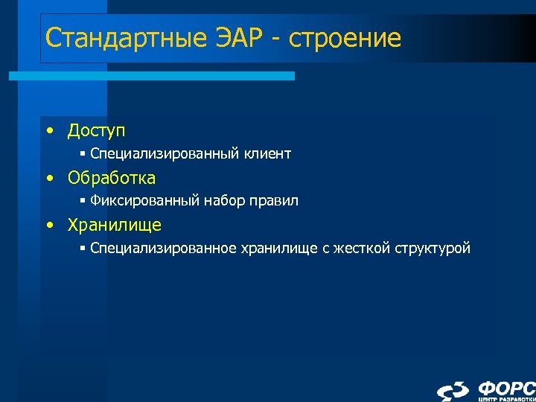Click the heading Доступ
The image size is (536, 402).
(x=96, y=131)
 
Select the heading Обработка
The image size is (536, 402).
(x=111, y=178)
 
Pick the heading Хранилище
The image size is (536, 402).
(x=114, y=225)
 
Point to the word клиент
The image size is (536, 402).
(x=267, y=154)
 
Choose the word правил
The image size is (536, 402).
(x=275, y=200)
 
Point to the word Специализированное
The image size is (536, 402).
(x=163, y=248)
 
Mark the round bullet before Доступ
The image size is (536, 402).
(x=49, y=132)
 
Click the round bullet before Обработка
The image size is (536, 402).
(x=49, y=179)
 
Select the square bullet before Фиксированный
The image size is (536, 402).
(x=83, y=201)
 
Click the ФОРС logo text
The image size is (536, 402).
(x=506, y=388)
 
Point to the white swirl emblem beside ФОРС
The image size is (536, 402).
(x=453, y=391)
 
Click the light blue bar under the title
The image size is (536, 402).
(x=152, y=76)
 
